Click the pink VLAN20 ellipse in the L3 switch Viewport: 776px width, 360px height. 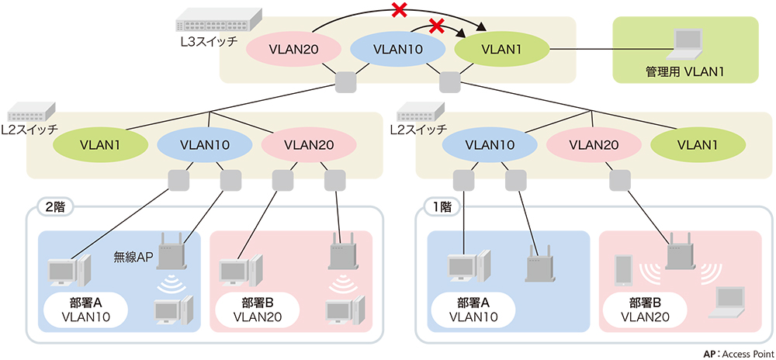pyautogui.click(x=294, y=49)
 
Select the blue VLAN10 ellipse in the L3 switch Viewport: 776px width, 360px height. pyautogui.click(x=398, y=49)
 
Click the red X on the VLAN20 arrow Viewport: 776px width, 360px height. pyautogui.click(x=400, y=10)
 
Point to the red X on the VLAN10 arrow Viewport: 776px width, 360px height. pyautogui.click(x=436, y=26)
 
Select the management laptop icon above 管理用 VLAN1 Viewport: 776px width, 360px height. pyautogui.click(x=685, y=43)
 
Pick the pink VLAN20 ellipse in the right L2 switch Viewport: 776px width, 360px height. pyautogui.click(x=594, y=144)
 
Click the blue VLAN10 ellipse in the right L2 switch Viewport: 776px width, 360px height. pyautogui.click(x=490, y=144)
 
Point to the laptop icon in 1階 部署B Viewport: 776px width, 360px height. pyautogui.click(x=729, y=303)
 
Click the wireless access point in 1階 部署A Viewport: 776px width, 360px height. pyautogui.click(x=540, y=265)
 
